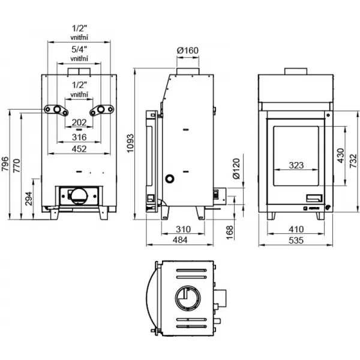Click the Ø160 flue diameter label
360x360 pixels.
click(188, 50)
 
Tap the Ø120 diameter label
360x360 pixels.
click(236, 170)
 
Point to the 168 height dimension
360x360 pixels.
click(229, 231)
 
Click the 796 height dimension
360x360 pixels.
click(5, 163)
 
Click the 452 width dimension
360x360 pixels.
click(79, 149)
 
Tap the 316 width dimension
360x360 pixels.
click(79, 137)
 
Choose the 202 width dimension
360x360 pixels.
click(79, 122)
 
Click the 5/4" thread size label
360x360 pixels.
click(79, 49)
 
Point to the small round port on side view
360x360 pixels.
click(170, 179)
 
